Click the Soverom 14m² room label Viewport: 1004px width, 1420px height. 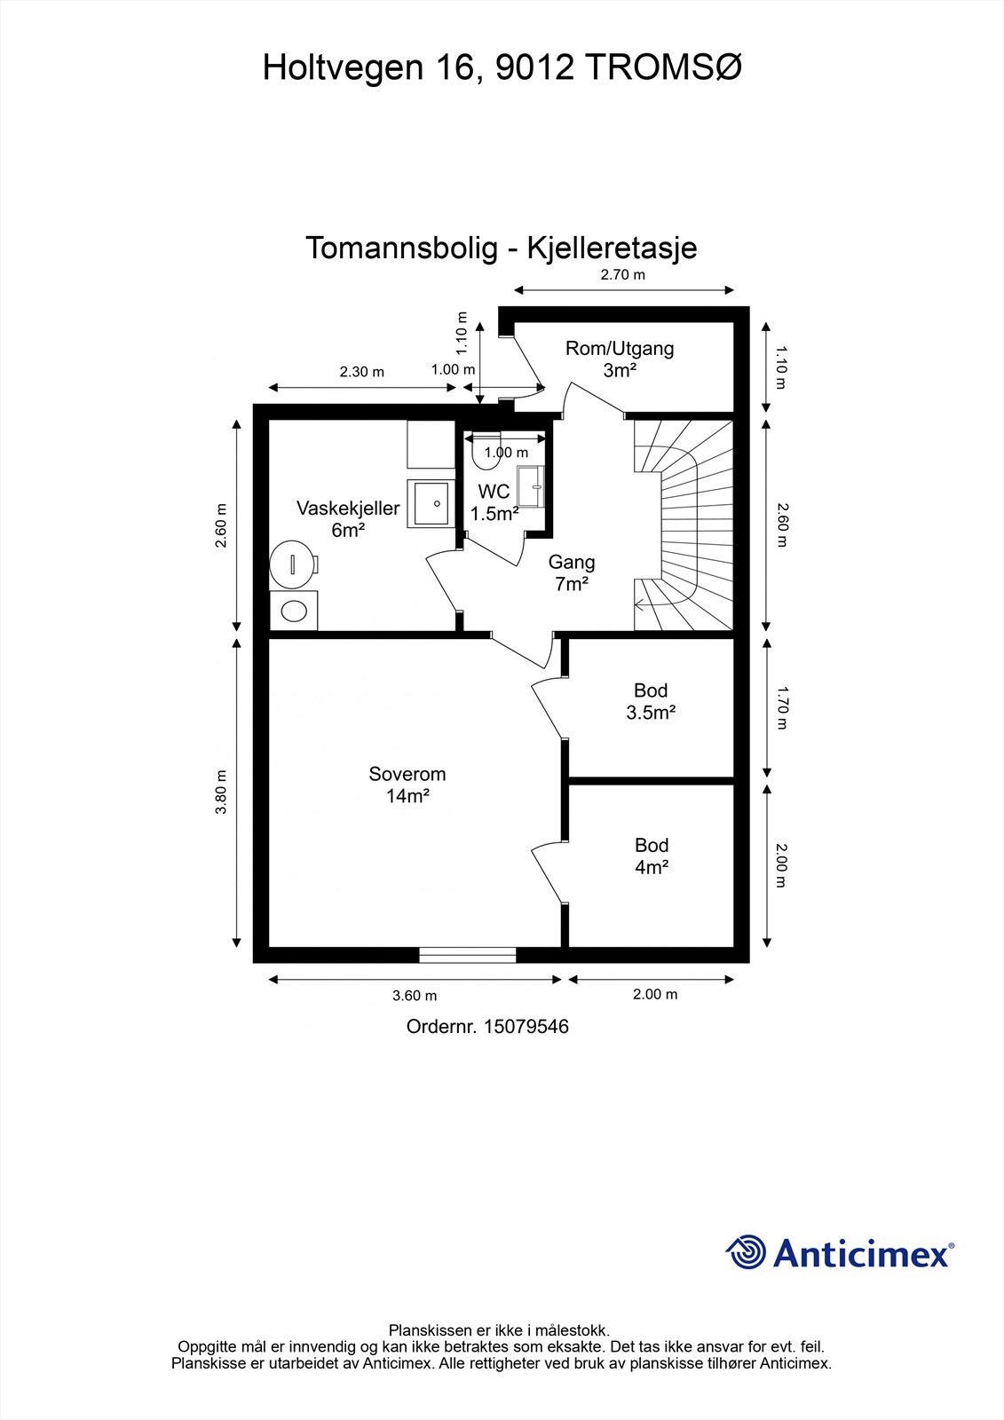tap(407, 785)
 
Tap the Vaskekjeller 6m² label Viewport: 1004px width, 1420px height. tap(348, 519)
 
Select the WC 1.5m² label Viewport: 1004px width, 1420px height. tap(494, 502)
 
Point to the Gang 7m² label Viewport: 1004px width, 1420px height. tap(571, 572)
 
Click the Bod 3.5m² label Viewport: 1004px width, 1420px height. tap(651, 701)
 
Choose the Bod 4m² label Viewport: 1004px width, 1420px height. tap(651, 856)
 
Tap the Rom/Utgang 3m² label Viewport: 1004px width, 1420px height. tap(620, 359)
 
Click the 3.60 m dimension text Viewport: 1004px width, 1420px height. tap(415, 996)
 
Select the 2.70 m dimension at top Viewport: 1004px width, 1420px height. tap(622, 275)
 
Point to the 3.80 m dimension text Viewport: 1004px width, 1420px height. tap(221, 792)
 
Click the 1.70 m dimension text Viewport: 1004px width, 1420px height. tap(781, 706)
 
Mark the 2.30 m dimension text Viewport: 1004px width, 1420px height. tap(361, 372)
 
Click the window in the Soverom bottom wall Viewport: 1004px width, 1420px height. tap(468, 955)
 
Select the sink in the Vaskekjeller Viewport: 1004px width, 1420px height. tap(431, 503)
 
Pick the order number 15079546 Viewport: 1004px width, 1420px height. tap(526, 1027)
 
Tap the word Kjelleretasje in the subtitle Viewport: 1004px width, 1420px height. tap(612, 248)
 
